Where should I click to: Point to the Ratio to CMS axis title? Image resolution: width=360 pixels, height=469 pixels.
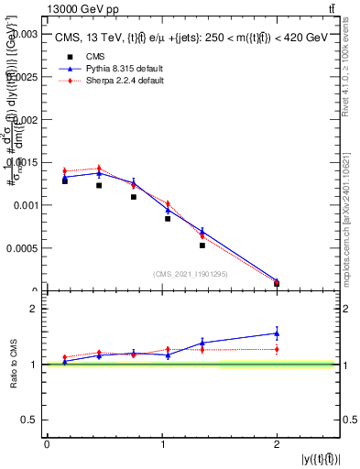pyautogui.click(x=12, y=364)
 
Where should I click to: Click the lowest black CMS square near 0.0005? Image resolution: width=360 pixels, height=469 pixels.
pyautogui.click(x=202, y=245)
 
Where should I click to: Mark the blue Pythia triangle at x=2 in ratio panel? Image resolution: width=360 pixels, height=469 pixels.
pyautogui.click(x=277, y=333)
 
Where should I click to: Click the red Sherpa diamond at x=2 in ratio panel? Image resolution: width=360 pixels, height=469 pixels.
pyautogui.click(x=277, y=349)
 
